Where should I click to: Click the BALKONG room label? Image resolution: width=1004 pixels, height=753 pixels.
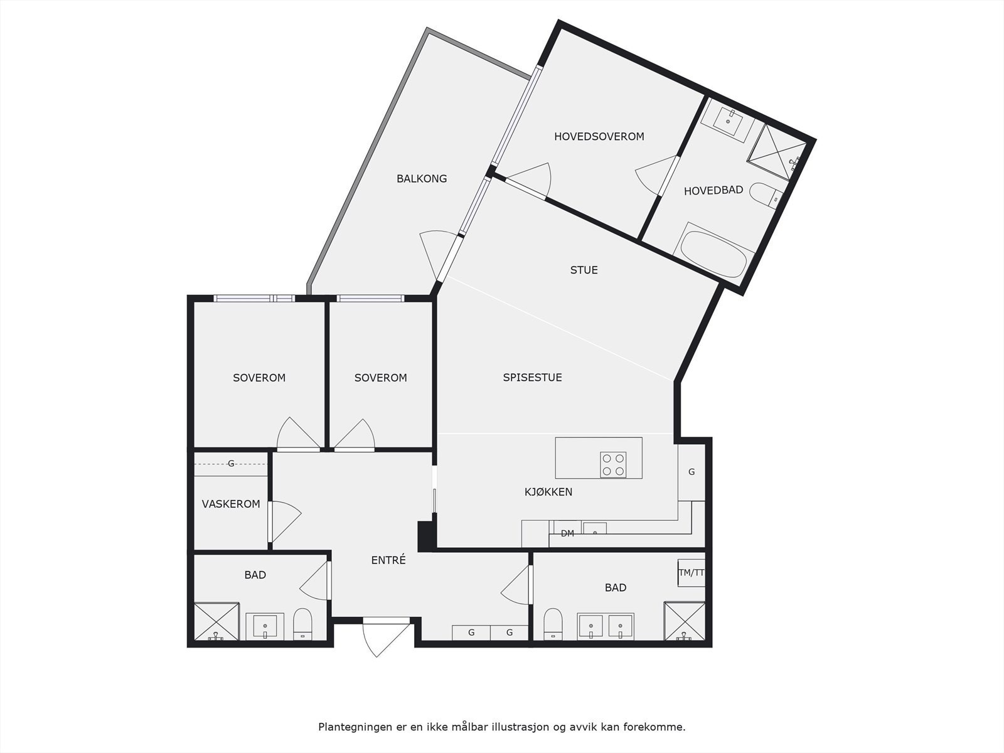pyautogui.click(x=422, y=179)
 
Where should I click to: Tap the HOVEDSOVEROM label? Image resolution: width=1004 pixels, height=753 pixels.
pyautogui.click(x=599, y=137)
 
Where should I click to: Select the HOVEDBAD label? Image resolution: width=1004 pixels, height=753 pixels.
pyautogui.click(x=713, y=191)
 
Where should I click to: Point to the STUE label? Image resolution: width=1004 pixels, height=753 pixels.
pyautogui.click(x=584, y=270)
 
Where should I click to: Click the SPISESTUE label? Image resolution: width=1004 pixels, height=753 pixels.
pyautogui.click(x=532, y=378)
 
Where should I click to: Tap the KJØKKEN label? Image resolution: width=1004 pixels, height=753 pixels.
pyautogui.click(x=548, y=492)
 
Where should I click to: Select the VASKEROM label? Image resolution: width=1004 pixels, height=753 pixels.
pyautogui.click(x=231, y=504)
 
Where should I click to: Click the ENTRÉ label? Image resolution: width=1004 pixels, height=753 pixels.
pyautogui.click(x=388, y=560)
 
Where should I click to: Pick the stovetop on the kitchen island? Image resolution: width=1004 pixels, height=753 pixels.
pyautogui.click(x=613, y=465)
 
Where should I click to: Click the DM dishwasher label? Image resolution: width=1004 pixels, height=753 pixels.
pyautogui.click(x=567, y=534)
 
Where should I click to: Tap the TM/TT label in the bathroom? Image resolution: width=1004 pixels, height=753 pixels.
pyautogui.click(x=692, y=572)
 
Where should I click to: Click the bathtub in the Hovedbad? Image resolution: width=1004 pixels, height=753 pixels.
pyautogui.click(x=713, y=252)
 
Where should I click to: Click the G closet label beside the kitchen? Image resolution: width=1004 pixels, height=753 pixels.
pyautogui.click(x=692, y=473)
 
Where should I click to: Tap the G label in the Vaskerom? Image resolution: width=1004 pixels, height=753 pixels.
pyautogui.click(x=231, y=464)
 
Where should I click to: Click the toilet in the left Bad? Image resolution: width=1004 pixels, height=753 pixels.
pyautogui.click(x=302, y=624)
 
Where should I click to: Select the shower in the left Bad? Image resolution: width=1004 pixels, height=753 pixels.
pyautogui.click(x=216, y=622)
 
